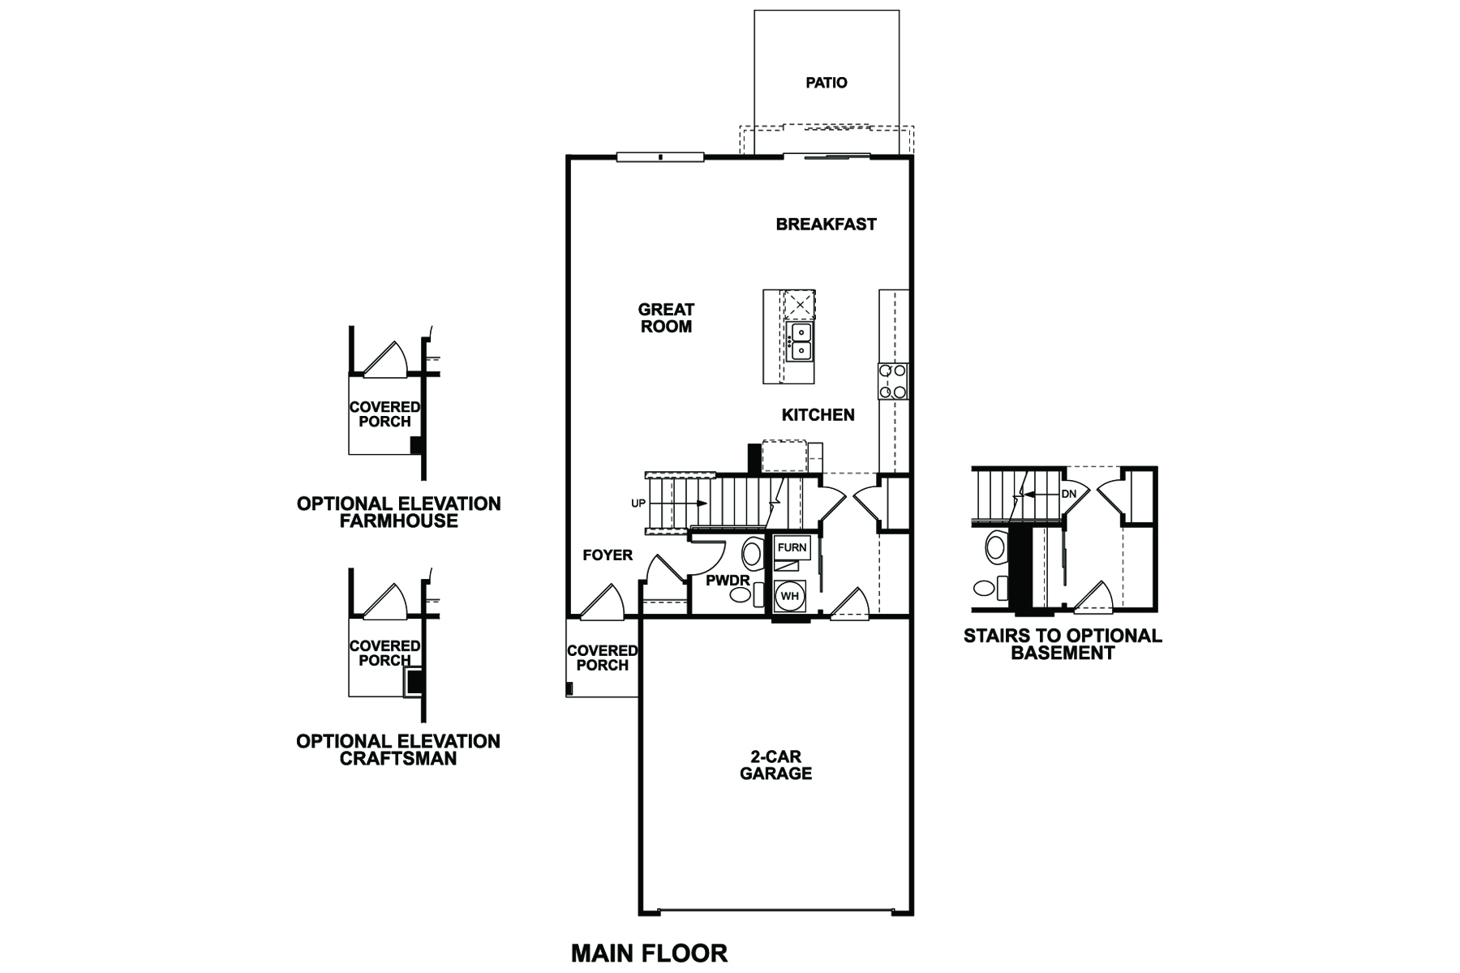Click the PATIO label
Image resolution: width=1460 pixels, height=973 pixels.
[x=827, y=83]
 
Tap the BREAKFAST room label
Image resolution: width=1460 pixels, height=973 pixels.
[x=826, y=225]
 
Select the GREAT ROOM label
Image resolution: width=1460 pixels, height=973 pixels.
[x=667, y=318]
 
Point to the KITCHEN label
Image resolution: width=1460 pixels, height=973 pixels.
[x=818, y=415]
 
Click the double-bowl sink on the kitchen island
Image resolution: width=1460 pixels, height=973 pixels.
[x=800, y=341]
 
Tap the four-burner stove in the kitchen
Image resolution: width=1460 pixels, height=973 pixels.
[x=892, y=381]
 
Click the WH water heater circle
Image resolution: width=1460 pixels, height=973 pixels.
[x=789, y=596]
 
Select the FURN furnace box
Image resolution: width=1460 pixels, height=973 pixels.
[x=792, y=547]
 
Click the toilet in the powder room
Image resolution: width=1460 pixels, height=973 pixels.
[x=752, y=555]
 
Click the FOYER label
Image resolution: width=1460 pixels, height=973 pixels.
[x=608, y=555]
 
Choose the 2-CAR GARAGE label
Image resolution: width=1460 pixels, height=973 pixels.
[x=776, y=765]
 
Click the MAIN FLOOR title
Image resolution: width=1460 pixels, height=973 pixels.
[x=649, y=953]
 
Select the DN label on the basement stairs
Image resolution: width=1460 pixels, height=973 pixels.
[x=1068, y=494]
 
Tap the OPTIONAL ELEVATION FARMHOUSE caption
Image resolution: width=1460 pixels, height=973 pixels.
[x=399, y=512]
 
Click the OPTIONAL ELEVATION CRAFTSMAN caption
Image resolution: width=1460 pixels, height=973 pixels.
[x=398, y=750]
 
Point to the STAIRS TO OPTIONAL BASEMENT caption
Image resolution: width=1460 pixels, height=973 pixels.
[x=1063, y=645]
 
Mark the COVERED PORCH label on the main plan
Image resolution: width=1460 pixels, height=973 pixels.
[x=602, y=658]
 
